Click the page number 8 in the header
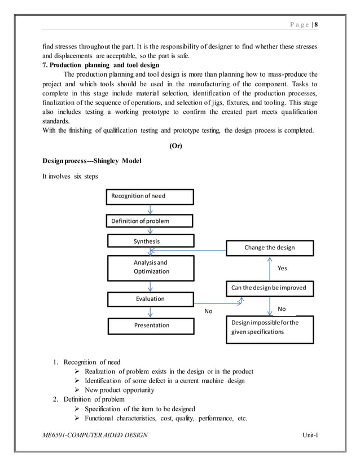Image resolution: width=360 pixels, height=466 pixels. pos(317,24)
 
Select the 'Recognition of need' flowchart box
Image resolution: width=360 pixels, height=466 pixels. pos(150,196)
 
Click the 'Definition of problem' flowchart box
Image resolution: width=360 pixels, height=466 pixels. pos(150,221)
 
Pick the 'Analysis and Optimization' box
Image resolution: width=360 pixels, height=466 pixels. pos(150,267)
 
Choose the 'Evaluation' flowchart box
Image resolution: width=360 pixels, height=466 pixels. pos(150,299)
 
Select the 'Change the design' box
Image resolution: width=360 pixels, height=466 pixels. pos(270,248)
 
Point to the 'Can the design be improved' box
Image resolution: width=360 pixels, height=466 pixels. pos(270,288)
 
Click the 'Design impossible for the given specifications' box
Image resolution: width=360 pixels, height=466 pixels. pos(270,328)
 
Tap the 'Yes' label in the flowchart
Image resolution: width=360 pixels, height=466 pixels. pos(282,269)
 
